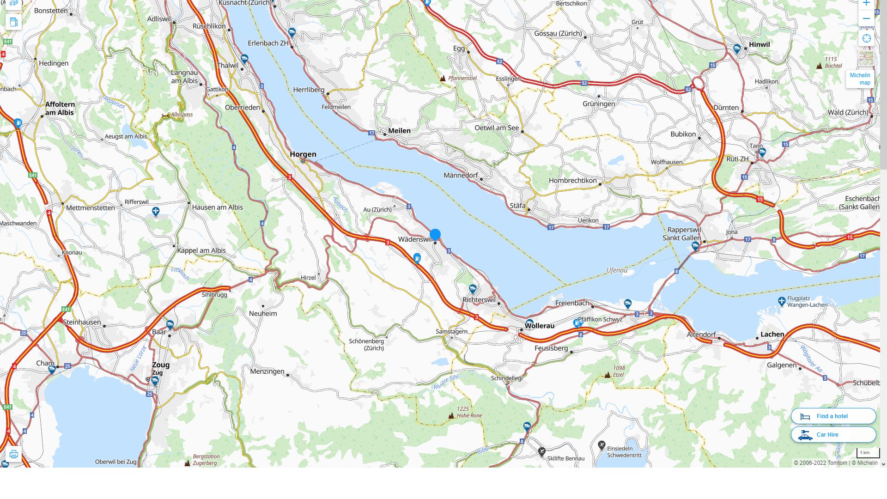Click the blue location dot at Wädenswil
coord(435,235)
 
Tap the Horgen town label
coord(303,154)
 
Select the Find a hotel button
coord(833,416)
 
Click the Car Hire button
coord(833,435)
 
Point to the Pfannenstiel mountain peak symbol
coord(443,79)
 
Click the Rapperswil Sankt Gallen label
coord(682,234)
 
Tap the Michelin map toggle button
coord(860,79)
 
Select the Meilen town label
coord(399,131)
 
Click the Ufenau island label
coord(617,270)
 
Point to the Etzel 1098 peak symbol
coord(608,375)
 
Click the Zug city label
coord(161,365)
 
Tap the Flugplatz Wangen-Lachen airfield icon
coord(782,302)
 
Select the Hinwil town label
coord(759,45)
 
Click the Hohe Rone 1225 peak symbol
coord(451,416)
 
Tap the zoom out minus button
coord(866,19)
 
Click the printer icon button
coord(13,454)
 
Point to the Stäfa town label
coord(517,206)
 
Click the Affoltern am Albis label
coord(60,109)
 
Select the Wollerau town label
coord(539,326)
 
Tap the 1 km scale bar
coord(868,453)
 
